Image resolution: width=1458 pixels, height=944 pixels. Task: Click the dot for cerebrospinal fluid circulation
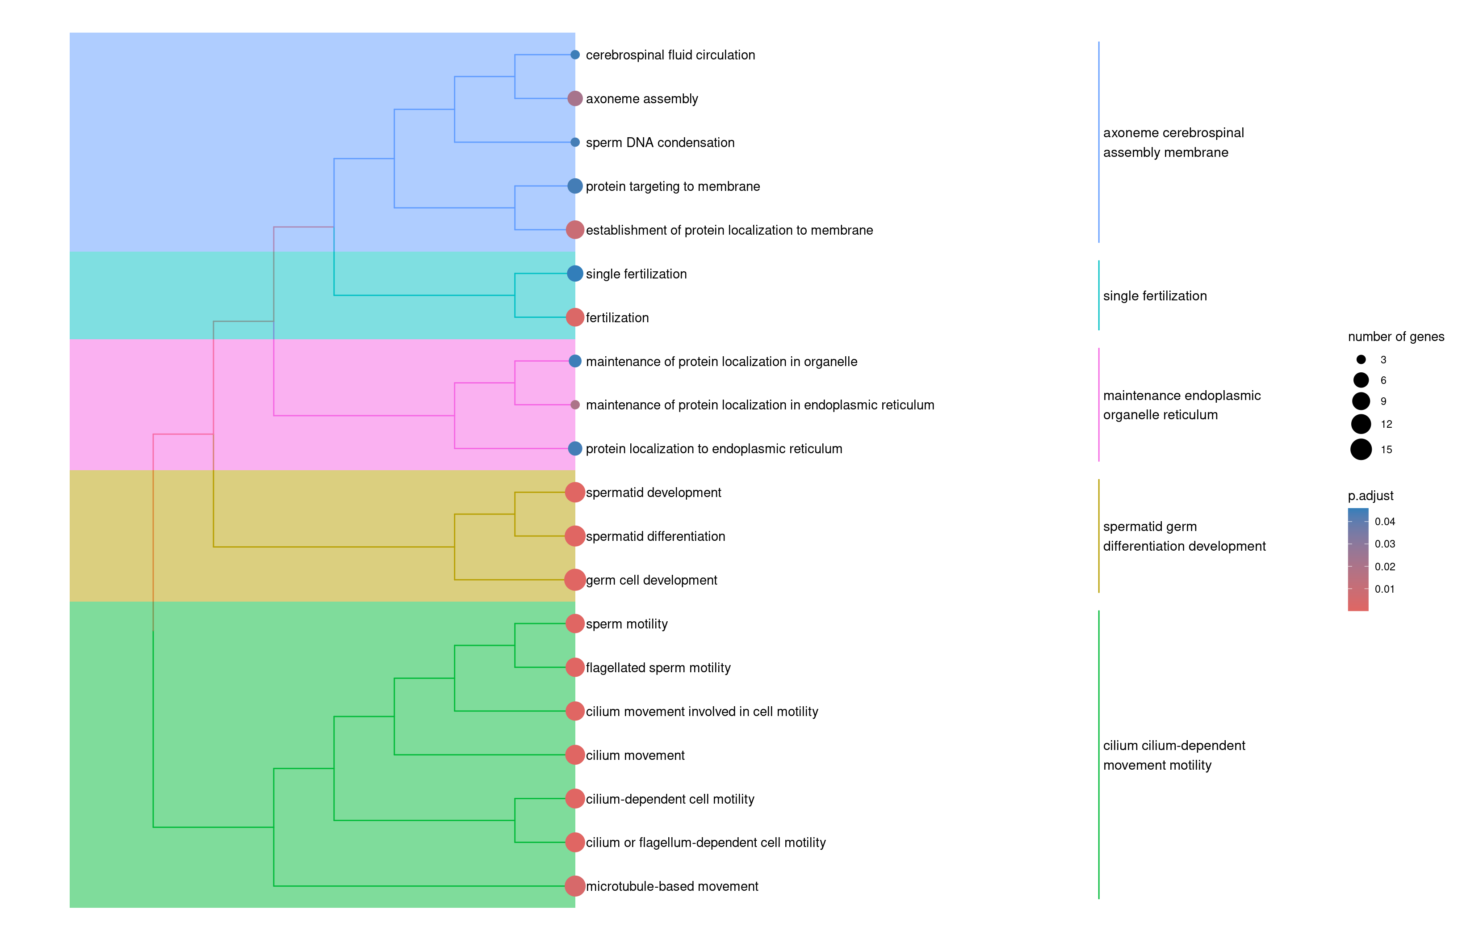coord(574,55)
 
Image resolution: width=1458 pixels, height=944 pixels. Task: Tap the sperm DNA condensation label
coord(660,142)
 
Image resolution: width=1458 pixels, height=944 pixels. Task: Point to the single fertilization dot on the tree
coord(574,274)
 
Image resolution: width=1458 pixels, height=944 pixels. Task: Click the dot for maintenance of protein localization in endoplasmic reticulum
coord(574,405)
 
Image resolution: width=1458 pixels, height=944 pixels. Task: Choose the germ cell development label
coord(651,580)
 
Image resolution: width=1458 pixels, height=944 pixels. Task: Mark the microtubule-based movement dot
coord(574,886)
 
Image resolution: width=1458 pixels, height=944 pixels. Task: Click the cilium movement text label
coord(635,755)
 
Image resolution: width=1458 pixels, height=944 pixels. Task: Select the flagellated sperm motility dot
coord(574,667)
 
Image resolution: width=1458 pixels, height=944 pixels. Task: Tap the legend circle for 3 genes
coord(1361,359)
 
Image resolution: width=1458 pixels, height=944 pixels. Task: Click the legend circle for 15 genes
coord(1361,449)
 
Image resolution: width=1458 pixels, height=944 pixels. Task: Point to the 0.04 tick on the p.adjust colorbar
coord(1358,522)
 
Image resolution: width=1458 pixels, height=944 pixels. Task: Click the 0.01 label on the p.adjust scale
coord(1384,589)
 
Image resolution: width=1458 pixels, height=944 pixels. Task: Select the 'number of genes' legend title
coord(1395,337)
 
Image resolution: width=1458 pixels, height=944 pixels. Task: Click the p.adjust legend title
coord(1370,495)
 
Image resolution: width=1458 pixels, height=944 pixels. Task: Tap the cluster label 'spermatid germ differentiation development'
coord(1184,536)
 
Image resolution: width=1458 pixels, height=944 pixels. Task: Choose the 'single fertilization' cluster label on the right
coord(1155,295)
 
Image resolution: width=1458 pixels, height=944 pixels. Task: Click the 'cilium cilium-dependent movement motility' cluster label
coord(1174,755)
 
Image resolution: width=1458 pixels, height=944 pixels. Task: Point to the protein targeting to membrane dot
coord(574,186)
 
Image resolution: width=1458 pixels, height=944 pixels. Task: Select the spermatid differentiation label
coord(655,536)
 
